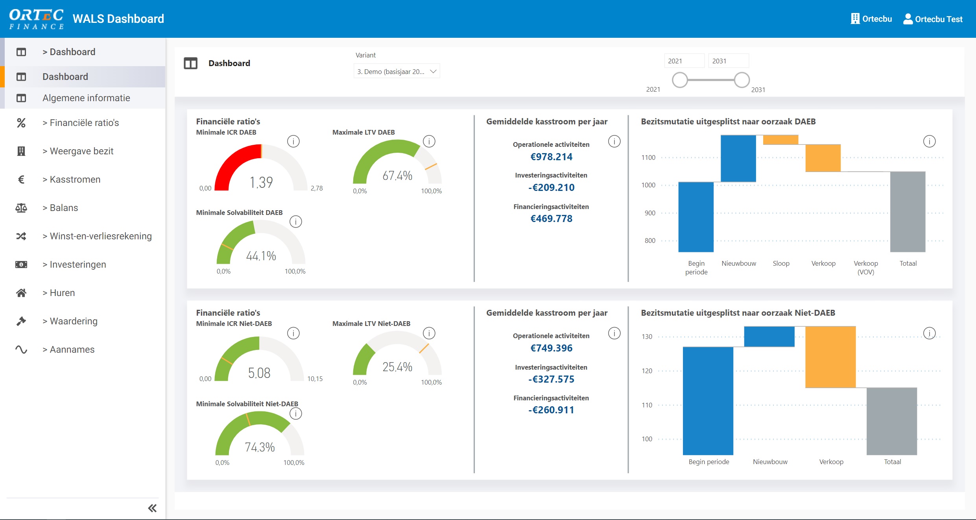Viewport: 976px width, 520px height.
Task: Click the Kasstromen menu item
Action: pos(75,180)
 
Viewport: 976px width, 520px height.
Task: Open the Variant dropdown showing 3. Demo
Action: pos(396,72)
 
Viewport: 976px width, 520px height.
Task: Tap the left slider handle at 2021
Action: pos(679,80)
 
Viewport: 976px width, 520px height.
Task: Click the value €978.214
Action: pos(551,157)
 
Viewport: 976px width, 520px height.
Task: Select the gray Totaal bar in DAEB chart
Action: pos(907,211)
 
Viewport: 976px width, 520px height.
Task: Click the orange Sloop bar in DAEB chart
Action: pos(780,140)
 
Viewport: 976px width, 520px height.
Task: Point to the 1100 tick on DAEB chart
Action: pos(648,157)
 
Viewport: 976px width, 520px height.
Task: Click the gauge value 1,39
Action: pos(261,182)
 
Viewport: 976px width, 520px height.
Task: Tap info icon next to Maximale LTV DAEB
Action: pos(429,141)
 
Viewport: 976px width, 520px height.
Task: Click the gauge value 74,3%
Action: pos(260,447)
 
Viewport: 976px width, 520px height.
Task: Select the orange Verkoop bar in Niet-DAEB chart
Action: pos(830,357)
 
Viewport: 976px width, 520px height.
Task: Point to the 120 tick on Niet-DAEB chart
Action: pos(647,371)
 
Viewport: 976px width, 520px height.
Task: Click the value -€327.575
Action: pos(551,379)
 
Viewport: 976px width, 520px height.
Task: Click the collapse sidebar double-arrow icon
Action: pos(152,508)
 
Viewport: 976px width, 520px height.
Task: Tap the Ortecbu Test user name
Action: pos(938,19)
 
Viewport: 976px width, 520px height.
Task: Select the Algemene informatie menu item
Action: pos(86,98)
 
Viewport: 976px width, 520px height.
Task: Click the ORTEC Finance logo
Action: pos(36,19)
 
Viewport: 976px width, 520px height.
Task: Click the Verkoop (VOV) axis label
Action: pos(865,267)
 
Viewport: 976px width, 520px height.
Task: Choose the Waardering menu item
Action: pos(74,321)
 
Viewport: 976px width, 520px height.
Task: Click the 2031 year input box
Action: pos(728,61)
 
